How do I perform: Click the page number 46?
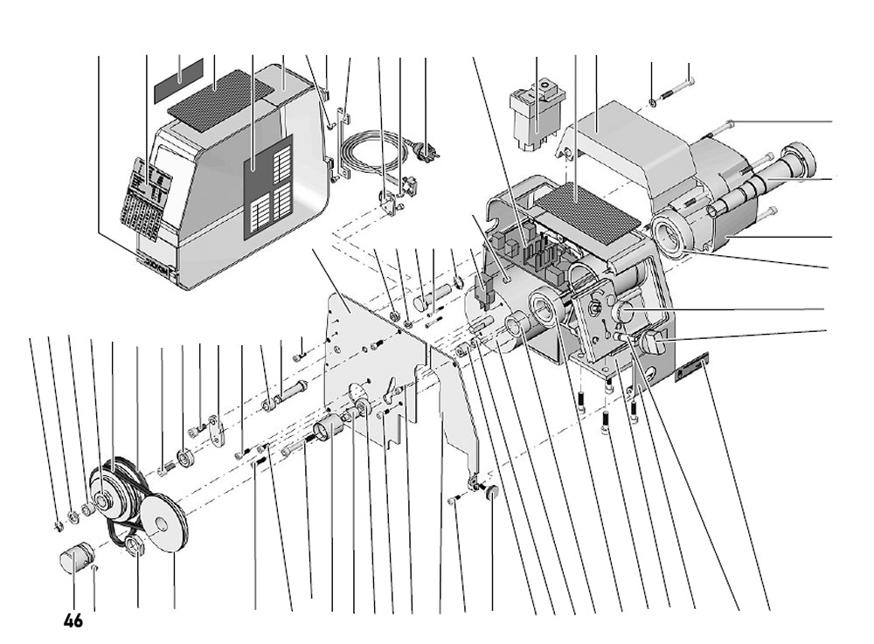coord(73,621)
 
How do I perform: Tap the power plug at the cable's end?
coord(428,151)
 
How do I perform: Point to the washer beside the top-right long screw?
coord(653,106)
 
